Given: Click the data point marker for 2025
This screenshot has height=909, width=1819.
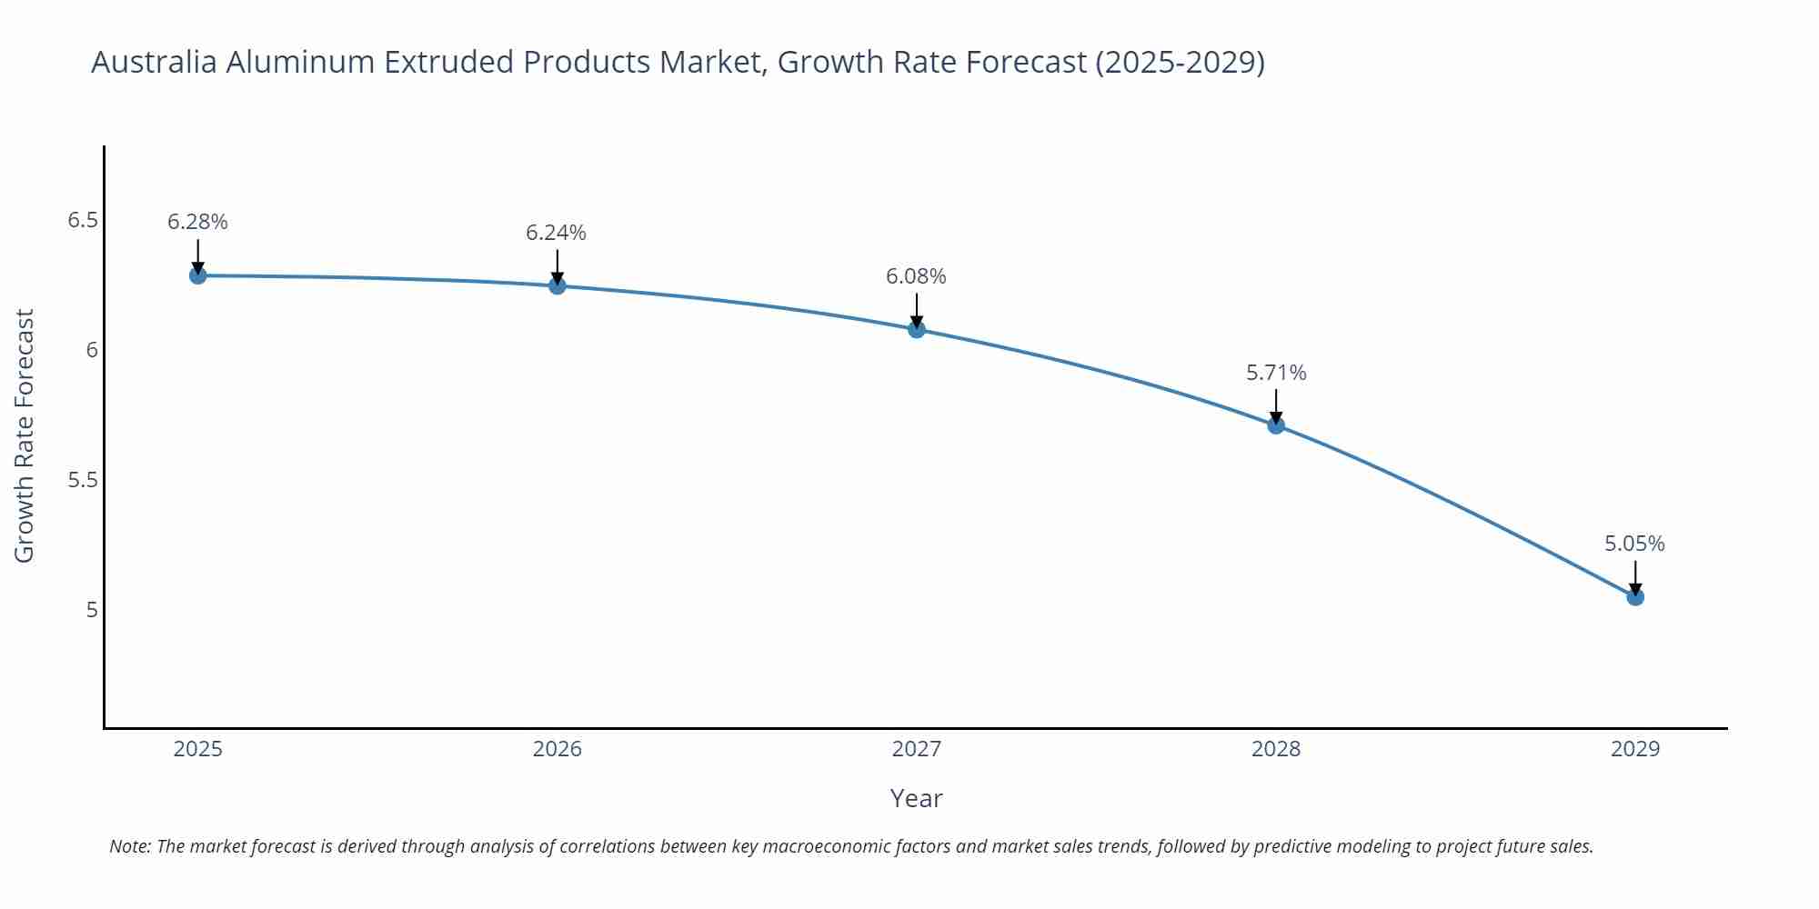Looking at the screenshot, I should (197, 275).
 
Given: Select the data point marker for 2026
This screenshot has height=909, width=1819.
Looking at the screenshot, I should (558, 285).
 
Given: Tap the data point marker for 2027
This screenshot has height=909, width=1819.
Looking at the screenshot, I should (917, 329).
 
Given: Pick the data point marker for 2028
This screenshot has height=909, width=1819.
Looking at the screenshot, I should (1276, 425).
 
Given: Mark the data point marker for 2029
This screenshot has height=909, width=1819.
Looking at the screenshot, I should (1635, 597).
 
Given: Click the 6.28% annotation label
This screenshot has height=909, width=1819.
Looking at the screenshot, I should (197, 222).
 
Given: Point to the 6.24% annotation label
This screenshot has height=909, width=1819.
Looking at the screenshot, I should (556, 233).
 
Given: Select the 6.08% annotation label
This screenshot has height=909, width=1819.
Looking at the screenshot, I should (916, 276).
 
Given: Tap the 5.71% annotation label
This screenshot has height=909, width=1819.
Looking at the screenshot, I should (1276, 373).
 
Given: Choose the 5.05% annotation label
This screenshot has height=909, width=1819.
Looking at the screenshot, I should (1634, 544).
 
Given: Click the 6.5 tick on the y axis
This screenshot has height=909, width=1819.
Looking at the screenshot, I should (83, 221).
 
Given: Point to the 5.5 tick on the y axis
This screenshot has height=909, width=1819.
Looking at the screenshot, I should (83, 480).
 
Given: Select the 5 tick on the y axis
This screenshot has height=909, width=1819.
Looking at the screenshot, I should (92, 609).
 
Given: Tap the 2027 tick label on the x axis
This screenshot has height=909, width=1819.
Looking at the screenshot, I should (917, 749).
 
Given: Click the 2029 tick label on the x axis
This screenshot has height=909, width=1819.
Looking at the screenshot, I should (1635, 749).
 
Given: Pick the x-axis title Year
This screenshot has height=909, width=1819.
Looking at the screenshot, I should (916, 798).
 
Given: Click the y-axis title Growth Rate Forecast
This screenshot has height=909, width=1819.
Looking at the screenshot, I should (25, 435).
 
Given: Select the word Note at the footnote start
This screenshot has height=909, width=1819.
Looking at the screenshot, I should (129, 846).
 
